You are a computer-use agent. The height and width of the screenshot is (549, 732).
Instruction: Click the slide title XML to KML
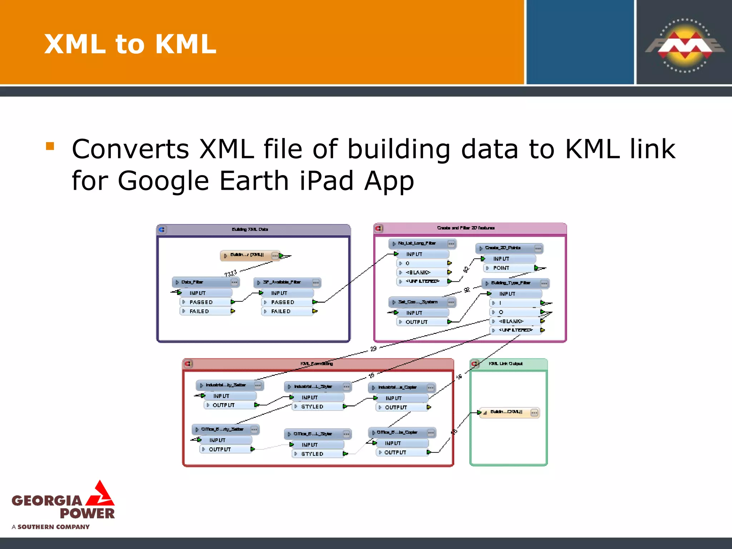click(x=130, y=44)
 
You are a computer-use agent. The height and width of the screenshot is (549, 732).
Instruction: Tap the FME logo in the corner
click(x=685, y=45)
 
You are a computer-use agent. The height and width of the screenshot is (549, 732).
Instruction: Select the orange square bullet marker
click(x=50, y=146)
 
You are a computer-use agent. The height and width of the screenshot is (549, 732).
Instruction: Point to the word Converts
click(x=130, y=149)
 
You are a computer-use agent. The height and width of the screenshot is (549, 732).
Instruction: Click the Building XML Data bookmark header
click(x=250, y=229)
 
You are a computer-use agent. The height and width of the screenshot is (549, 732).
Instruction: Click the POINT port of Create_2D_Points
click(x=501, y=268)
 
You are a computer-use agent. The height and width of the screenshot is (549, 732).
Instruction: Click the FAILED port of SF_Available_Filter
click(x=281, y=311)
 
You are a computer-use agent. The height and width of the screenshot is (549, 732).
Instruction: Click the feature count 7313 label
click(x=231, y=273)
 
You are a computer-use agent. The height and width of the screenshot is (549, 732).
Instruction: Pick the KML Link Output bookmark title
click(x=505, y=363)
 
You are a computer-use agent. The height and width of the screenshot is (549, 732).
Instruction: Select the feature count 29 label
click(x=373, y=348)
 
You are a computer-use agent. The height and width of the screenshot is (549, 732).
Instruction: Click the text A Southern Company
click(x=51, y=527)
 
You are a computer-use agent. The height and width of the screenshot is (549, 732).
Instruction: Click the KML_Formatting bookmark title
click(x=317, y=363)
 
